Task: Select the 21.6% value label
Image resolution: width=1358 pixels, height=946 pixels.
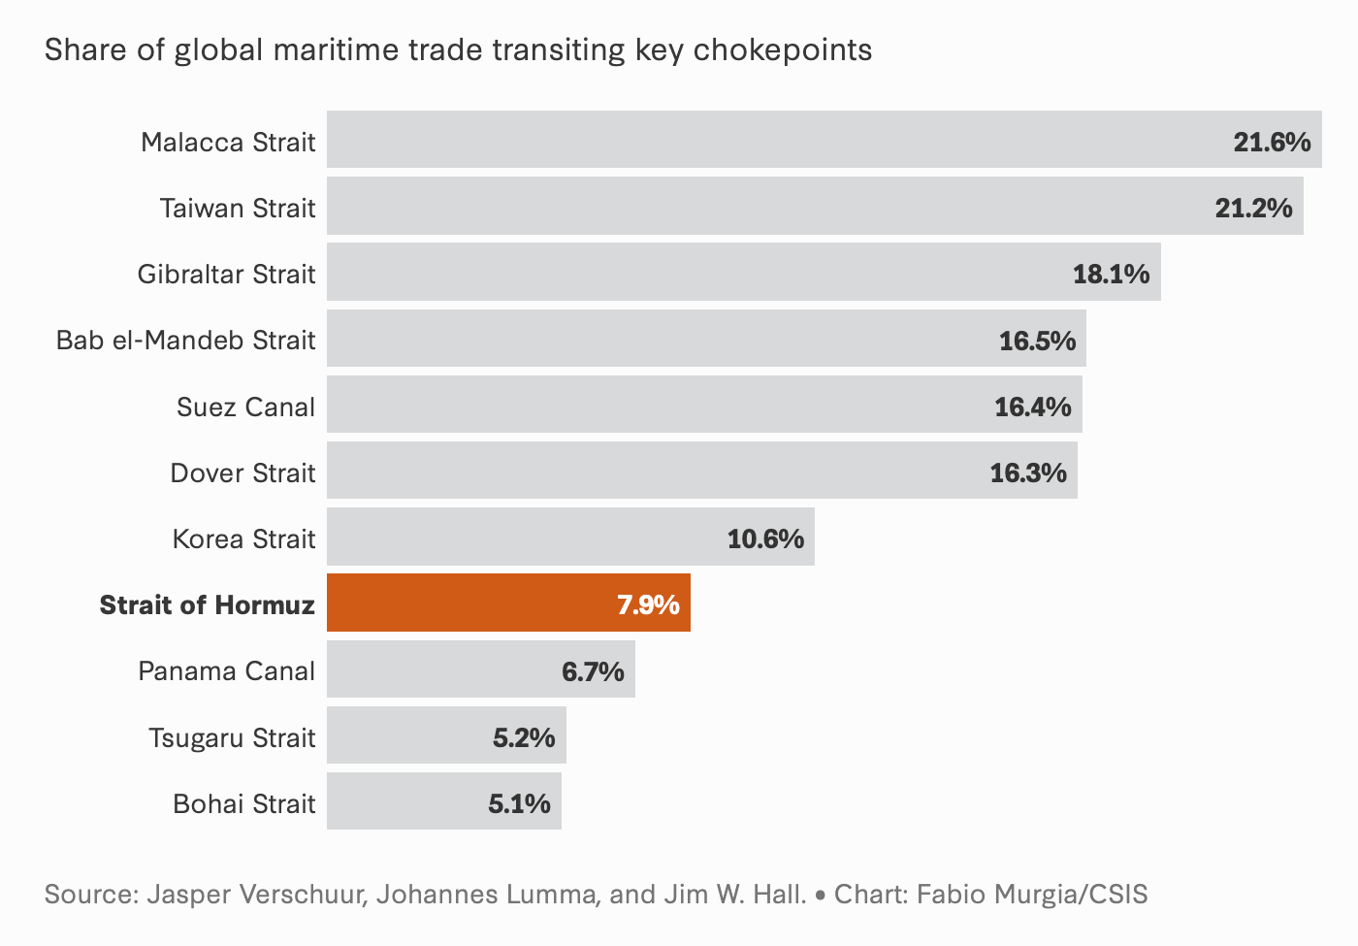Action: click(x=1272, y=143)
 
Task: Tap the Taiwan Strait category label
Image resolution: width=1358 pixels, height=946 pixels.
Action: click(x=238, y=209)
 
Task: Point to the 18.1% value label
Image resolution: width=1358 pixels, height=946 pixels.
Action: click(x=1111, y=275)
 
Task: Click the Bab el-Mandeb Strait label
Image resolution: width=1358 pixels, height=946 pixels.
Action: click(x=185, y=341)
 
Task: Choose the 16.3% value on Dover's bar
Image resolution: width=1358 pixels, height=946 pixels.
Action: click(x=1028, y=473)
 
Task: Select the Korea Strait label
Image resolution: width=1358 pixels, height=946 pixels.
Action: click(x=243, y=539)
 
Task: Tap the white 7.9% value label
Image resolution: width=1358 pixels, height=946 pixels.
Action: click(x=648, y=605)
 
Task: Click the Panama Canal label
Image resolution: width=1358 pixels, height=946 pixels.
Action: click(x=226, y=671)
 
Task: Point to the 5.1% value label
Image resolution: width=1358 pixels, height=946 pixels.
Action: click(x=519, y=804)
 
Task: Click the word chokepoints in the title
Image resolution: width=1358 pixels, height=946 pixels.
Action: click(x=783, y=50)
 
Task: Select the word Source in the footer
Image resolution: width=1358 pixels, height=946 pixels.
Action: click(x=90, y=894)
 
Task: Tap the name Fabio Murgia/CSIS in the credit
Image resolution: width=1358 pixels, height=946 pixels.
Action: click(x=1032, y=894)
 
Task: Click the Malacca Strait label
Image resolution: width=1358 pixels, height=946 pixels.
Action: click(x=228, y=143)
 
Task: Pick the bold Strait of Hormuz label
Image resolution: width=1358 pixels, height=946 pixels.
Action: click(x=207, y=605)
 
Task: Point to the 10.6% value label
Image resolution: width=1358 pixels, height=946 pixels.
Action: click(x=765, y=539)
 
